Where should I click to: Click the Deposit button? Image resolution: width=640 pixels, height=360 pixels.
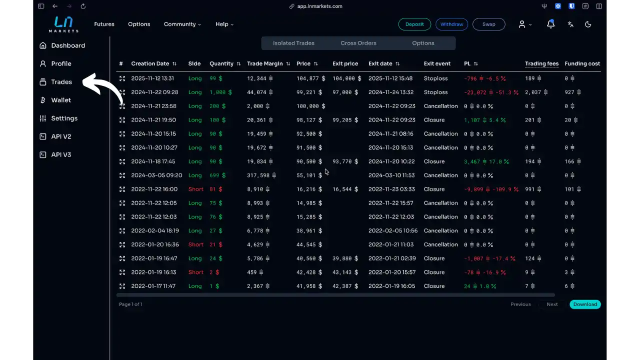pos(414,24)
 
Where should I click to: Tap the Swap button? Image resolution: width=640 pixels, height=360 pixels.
pos(488,24)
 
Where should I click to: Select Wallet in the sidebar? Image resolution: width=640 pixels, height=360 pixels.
pos(61,100)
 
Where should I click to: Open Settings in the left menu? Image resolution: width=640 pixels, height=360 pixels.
pos(64,118)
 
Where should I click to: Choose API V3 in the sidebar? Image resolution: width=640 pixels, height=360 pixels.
pos(61,155)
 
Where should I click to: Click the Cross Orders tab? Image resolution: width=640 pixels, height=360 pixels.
pos(358,43)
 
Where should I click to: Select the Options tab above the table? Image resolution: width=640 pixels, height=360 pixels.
pos(423,43)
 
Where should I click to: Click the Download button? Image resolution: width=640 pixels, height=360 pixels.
pos(585,304)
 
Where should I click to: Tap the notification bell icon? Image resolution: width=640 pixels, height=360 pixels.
pos(550,24)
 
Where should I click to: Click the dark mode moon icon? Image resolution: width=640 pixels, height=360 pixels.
pos(588,24)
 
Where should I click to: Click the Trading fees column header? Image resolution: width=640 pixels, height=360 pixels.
pos(541,63)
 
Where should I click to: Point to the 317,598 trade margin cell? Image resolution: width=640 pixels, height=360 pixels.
pos(259,175)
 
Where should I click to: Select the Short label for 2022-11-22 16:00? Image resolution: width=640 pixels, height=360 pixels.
pos(196,189)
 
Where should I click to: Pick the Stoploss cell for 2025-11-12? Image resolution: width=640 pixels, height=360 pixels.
pos(435,78)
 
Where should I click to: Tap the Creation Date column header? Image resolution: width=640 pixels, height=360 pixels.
pos(150,63)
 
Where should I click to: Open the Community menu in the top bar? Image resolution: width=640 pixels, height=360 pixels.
pos(182,24)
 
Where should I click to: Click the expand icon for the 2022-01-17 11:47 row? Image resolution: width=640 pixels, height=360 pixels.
pos(122,286)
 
